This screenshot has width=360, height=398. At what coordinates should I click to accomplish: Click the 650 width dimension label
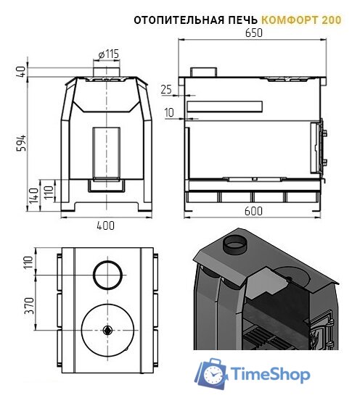coord(254,33)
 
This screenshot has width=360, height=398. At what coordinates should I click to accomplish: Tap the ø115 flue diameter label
coord(108,54)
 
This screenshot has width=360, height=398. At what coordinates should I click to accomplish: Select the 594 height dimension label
coord(22,143)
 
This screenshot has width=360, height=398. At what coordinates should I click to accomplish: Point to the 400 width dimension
coord(106,225)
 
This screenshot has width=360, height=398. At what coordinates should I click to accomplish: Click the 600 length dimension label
coord(253,211)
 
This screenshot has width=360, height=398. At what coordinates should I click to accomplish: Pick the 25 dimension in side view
coord(166,89)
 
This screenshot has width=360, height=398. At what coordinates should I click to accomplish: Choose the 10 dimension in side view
coord(169,112)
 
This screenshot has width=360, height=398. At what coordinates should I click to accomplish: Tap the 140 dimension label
coord(34,196)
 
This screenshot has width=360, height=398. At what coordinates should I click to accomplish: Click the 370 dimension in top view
coord(30,306)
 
